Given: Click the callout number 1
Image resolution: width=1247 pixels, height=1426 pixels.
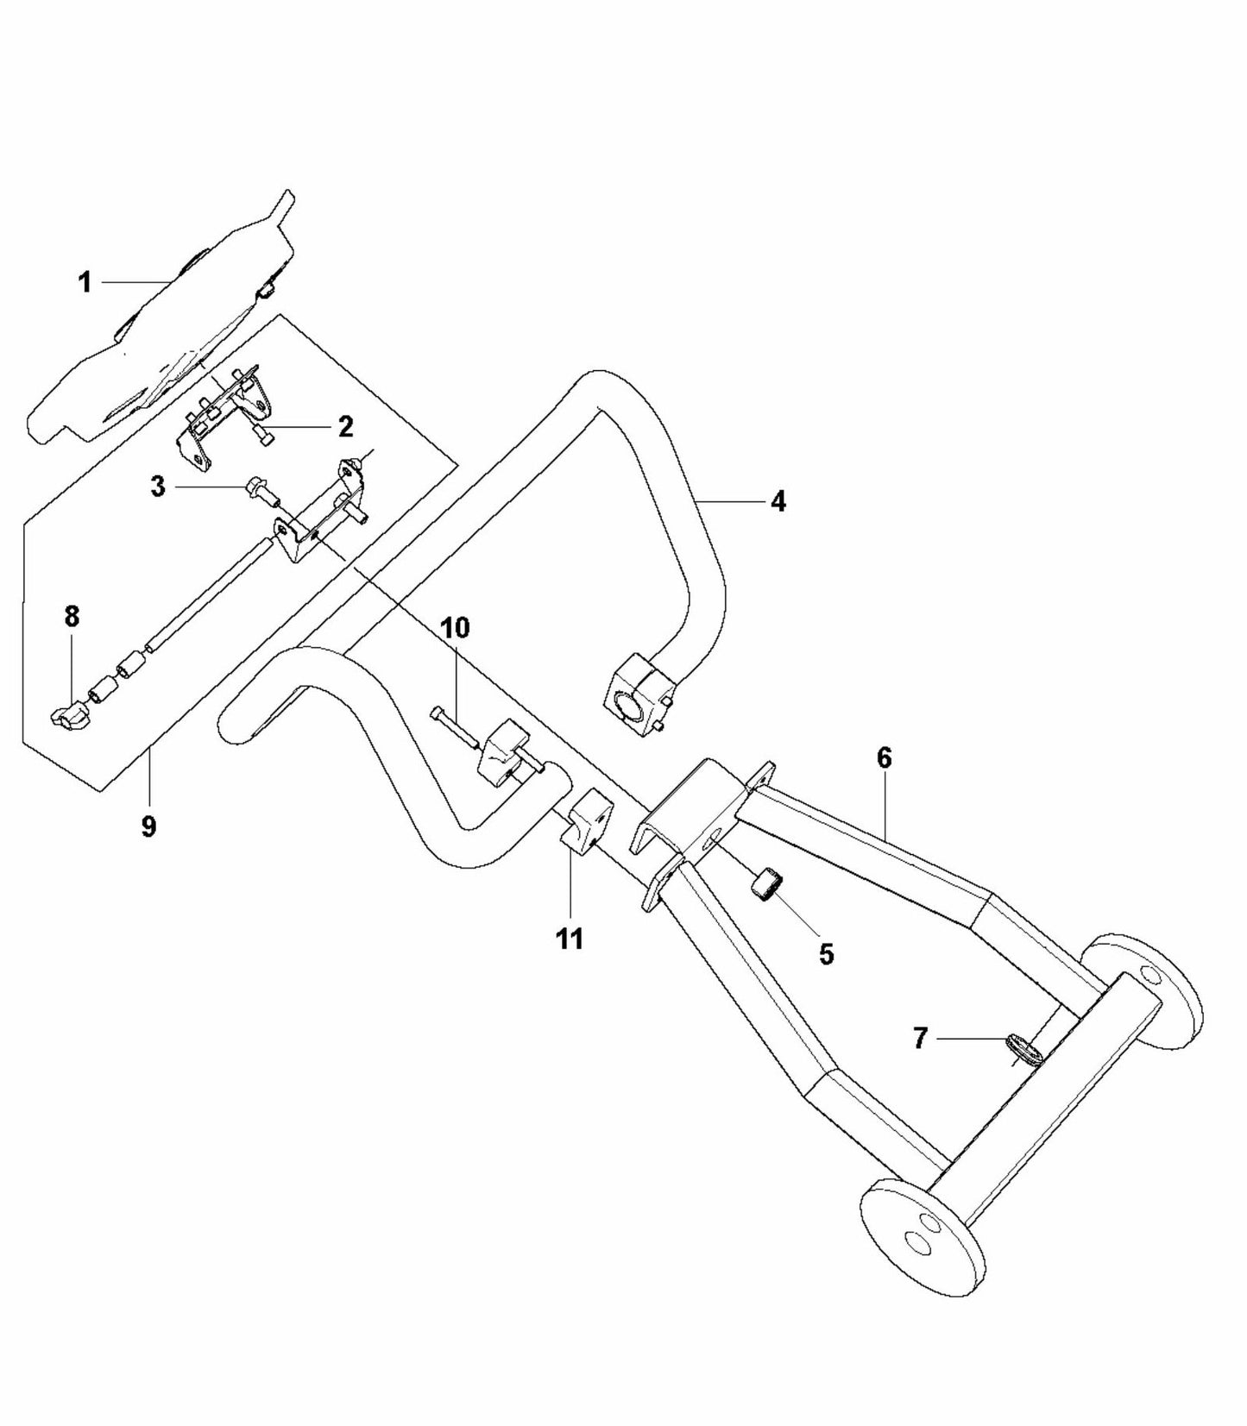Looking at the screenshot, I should [x=85, y=282].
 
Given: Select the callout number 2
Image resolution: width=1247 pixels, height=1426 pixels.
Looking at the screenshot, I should [x=345, y=426].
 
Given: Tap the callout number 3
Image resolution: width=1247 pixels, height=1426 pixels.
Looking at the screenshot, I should [x=157, y=487].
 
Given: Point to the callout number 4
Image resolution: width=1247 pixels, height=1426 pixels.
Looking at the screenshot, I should [x=778, y=501].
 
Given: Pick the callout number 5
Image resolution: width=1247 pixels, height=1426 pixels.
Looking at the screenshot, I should [x=826, y=954].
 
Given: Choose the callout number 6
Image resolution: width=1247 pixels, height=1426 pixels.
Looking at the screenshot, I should [x=884, y=758].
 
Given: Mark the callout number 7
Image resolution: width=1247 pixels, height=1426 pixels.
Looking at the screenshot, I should [x=920, y=1039].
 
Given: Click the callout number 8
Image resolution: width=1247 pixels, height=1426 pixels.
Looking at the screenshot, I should [x=72, y=617].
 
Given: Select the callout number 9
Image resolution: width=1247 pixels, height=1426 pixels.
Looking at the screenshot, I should [x=148, y=826].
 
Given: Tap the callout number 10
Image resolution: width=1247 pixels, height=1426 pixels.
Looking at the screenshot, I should [x=456, y=627].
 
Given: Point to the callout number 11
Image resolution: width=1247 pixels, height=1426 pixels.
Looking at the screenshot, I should [x=570, y=938].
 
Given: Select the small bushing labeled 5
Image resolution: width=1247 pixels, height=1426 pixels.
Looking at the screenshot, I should [x=768, y=886].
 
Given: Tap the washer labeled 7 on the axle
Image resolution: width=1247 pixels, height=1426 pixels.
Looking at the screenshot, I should [x=1023, y=1050].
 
